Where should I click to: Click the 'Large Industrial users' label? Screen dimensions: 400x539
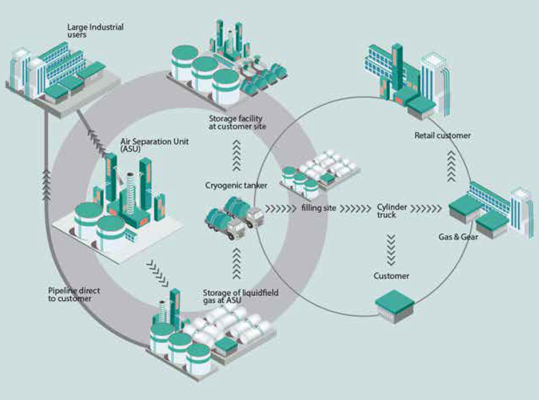[95, 30]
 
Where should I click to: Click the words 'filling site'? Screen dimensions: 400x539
[319, 208]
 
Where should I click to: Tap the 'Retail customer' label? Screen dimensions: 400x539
[442, 136]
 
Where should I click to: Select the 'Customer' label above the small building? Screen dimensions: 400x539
[391, 275]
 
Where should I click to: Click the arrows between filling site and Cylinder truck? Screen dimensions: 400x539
[355, 208]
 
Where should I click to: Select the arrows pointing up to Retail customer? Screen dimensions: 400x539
[451, 166]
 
